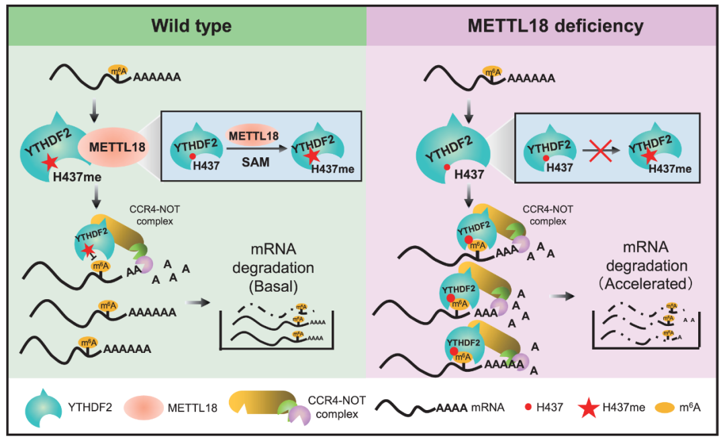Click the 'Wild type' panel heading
191,26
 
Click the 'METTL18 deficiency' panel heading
555,26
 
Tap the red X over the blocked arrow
601,150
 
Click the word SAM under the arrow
255,162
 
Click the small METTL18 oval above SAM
253,135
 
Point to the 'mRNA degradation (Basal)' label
273,268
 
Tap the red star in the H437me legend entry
589,407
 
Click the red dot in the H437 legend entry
528,407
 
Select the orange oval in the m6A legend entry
665,407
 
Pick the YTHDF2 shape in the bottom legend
44,407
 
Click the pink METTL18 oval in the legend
144,407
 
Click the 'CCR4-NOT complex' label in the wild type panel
154,215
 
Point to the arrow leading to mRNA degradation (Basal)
197,303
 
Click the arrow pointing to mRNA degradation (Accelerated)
562,296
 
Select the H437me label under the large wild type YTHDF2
77,177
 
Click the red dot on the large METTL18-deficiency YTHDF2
447,167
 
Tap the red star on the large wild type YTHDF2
50,161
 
